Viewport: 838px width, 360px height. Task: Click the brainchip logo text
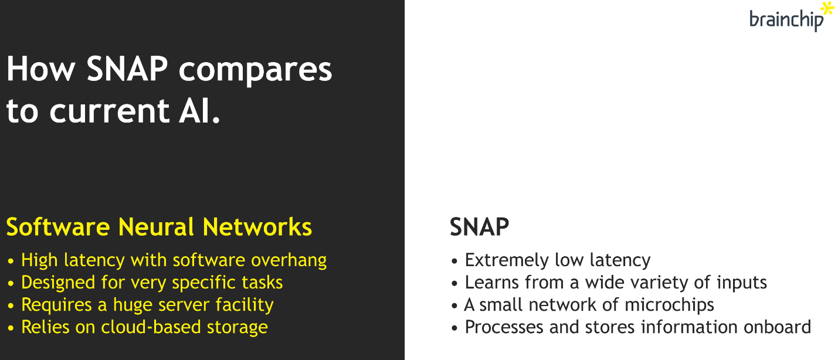(x=786, y=20)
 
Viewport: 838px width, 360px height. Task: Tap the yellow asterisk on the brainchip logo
(x=827, y=9)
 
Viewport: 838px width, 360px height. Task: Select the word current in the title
(x=110, y=111)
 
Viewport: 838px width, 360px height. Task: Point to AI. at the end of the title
(x=199, y=110)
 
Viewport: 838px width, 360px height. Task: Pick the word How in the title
(x=41, y=69)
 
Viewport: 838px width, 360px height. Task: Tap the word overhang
(x=289, y=261)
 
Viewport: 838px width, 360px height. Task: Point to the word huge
(x=133, y=305)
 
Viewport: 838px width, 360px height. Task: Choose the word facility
(x=245, y=305)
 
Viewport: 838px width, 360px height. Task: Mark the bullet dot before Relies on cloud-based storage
(x=11, y=328)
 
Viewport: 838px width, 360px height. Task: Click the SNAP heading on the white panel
(x=479, y=227)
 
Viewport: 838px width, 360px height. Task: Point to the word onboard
(x=778, y=327)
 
